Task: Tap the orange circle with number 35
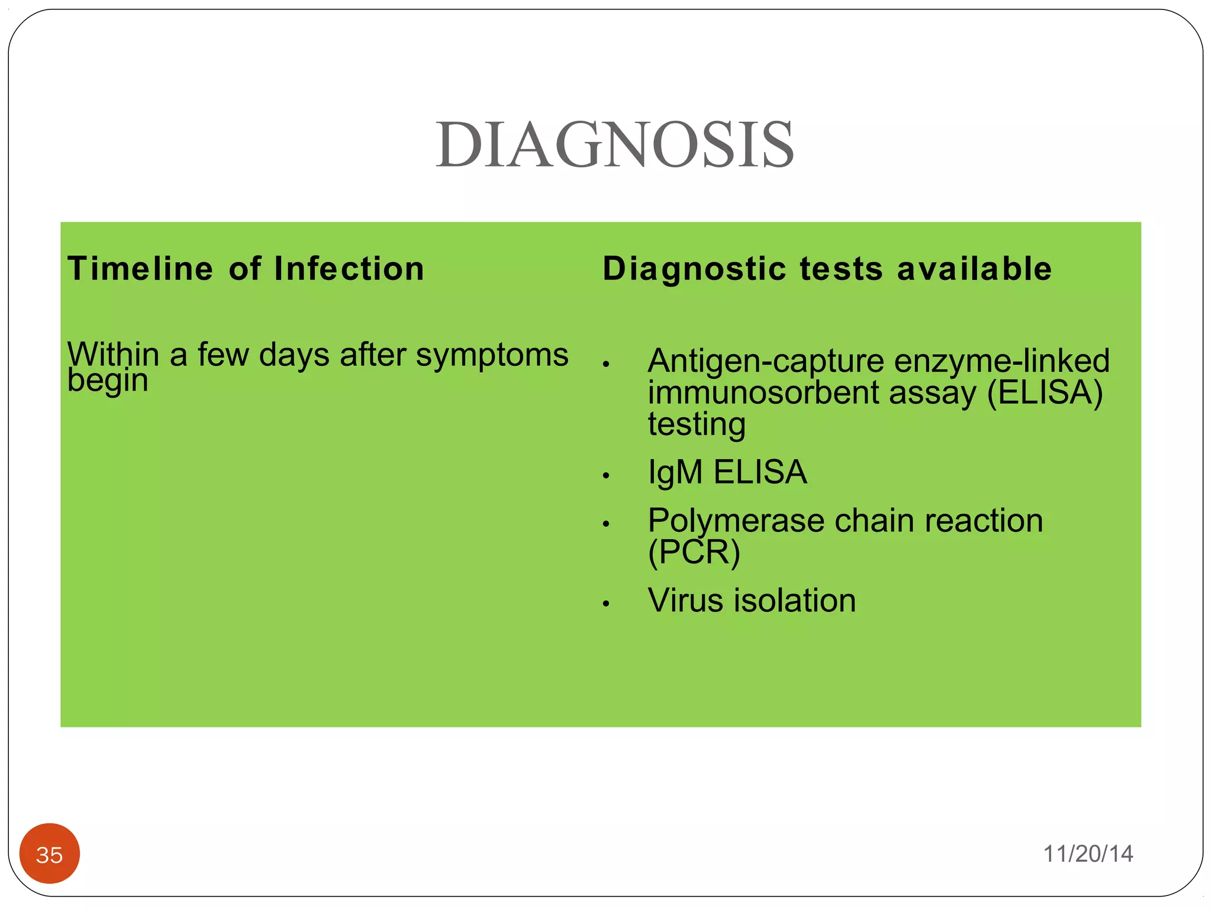[50, 854]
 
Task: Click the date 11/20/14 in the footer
[1088, 854]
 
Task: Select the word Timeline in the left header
[140, 269]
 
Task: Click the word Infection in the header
[349, 269]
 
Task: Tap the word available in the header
[974, 269]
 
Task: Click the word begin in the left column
[107, 381]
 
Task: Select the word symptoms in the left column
[492, 355]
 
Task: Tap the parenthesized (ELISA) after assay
[1045, 392]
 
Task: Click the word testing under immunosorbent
[697, 425]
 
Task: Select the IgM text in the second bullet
[675, 473]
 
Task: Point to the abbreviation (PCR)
[694, 552]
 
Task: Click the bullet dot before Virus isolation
[605, 604]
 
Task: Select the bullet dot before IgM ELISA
[605, 476]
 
